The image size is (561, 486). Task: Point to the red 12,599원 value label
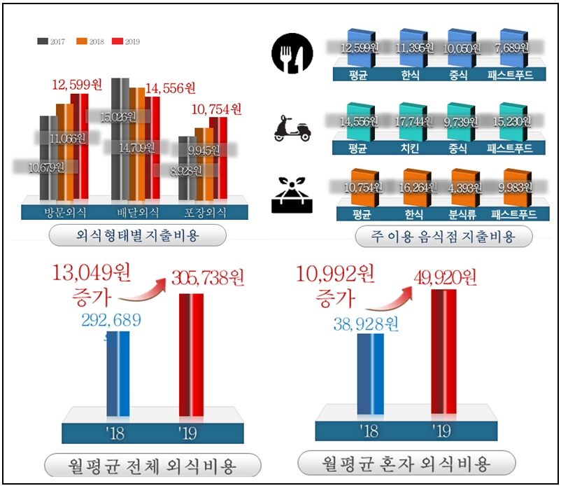pyautogui.click(x=77, y=85)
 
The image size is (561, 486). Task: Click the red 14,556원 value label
pyautogui.click(x=170, y=88)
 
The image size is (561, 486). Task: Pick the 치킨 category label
pyautogui.click(x=409, y=148)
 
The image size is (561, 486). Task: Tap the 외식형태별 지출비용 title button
pyautogui.click(x=137, y=236)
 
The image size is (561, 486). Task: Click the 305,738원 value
pyautogui.click(x=208, y=279)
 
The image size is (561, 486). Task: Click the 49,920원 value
pyautogui.click(x=440, y=279)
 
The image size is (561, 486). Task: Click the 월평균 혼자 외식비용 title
pyautogui.click(x=406, y=463)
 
